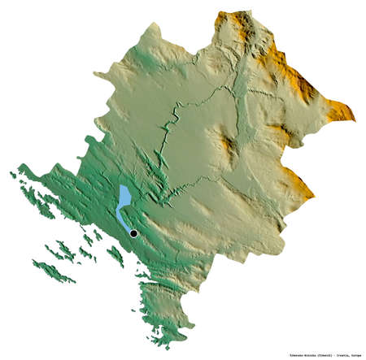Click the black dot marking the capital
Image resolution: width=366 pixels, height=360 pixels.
pyautogui.click(x=133, y=234)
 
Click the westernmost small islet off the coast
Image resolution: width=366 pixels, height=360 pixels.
pyautogui.click(x=11, y=172)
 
